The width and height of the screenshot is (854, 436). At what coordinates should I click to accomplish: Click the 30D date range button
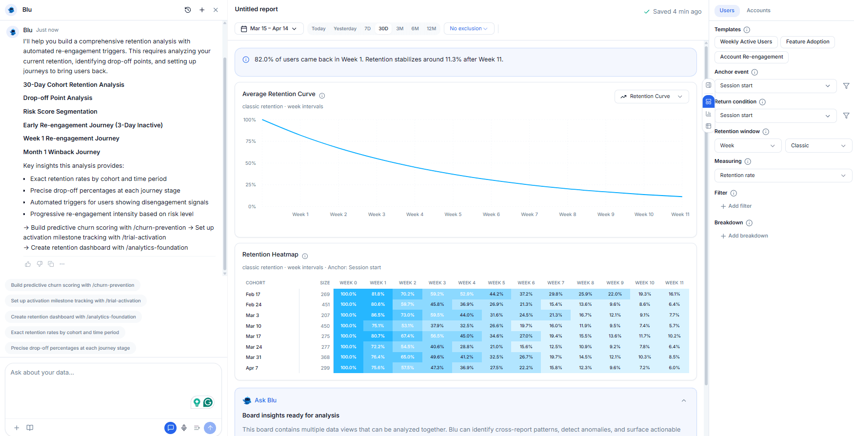(383, 29)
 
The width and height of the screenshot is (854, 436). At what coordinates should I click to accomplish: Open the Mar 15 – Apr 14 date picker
(269, 29)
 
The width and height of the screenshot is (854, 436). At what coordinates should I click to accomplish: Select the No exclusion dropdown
(469, 29)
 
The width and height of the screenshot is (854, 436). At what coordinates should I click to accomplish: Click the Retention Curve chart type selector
(651, 97)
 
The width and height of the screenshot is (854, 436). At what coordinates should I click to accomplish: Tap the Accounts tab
(758, 11)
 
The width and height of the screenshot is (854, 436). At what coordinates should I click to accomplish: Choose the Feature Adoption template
(807, 42)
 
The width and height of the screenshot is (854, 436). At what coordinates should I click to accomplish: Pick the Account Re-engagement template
(751, 57)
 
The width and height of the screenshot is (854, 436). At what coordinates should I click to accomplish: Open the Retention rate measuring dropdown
(782, 176)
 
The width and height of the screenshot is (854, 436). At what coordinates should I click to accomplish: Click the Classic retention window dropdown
(818, 146)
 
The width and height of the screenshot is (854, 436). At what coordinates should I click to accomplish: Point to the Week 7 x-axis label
(529, 215)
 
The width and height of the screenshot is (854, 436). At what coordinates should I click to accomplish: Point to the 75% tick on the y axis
(250, 141)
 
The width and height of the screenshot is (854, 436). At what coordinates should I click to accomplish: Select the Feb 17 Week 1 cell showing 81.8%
(377, 294)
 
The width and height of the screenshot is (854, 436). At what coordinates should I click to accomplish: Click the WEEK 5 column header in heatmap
(496, 283)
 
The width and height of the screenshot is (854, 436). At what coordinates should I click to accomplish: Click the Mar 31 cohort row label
(254, 357)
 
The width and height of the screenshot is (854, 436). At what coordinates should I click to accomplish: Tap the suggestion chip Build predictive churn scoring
(73, 285)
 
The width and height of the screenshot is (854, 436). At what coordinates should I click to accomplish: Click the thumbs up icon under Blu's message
(28, 264)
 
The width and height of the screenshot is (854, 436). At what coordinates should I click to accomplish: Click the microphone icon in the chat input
(184, 428)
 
